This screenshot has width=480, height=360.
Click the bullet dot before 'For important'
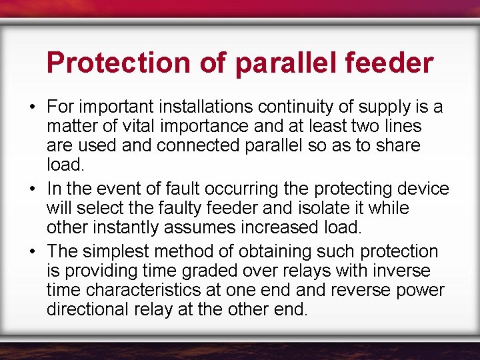coord(32,107)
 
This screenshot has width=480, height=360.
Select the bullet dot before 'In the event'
coord(32,189)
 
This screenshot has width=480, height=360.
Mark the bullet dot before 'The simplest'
coord(32,252)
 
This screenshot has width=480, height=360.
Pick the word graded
coord(192,271)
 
